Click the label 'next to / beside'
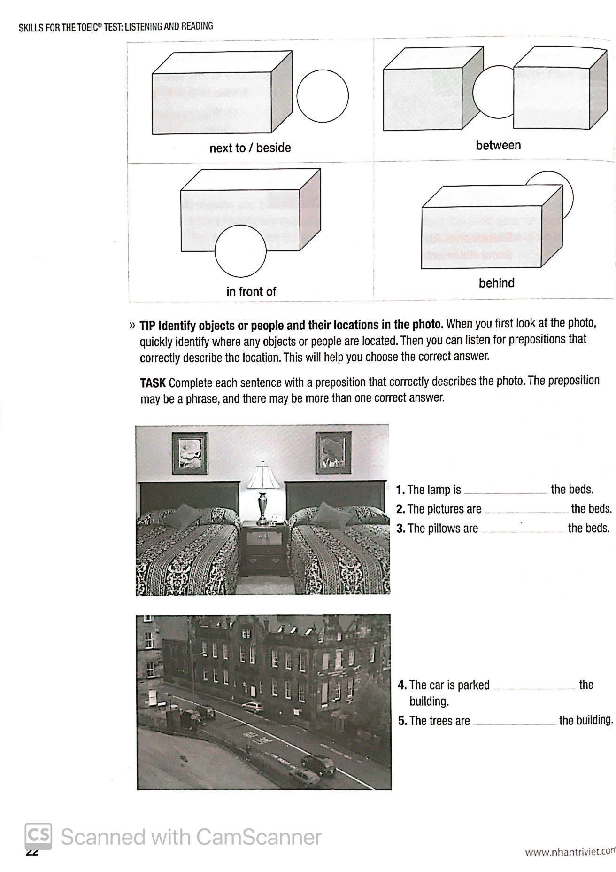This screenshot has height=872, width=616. [x=250, y=148]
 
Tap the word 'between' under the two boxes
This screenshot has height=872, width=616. [x=498, y=145]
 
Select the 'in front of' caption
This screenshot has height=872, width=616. [x=251, y=292]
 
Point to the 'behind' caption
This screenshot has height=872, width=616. [x=496, y=283]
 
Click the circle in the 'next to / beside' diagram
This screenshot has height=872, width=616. [x=323, y=96]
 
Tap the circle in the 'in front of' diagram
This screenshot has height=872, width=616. [x=240, y=251]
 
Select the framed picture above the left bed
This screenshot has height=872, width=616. [x=190, y=453]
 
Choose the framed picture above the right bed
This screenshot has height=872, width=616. [x=333, y=452]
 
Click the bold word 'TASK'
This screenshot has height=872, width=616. [x=153, y=383]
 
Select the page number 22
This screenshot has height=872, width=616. [x=32, y=851]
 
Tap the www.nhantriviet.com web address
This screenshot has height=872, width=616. [x=569, y=851]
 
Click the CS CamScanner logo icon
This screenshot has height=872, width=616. [x=38, y=836]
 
